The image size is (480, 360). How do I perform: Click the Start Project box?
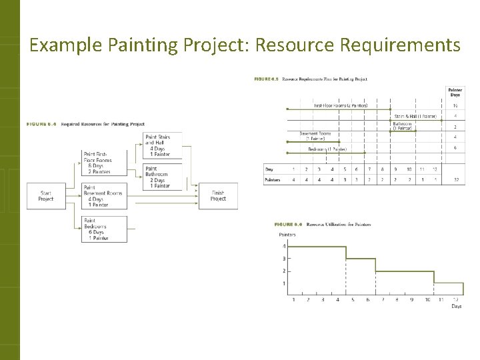[46, 195]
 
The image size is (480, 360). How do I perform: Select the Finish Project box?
[218, 195]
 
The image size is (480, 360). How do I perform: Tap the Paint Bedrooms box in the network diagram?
[104, 229]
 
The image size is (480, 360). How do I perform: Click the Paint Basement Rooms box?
[104, 195]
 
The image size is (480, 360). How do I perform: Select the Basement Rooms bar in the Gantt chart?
[313, 141]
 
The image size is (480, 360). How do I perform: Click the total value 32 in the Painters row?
[455, 179]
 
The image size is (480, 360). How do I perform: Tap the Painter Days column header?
[455, 92]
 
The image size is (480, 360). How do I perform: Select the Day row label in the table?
[269, 169]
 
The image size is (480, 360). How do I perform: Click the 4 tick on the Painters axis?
[283, 247]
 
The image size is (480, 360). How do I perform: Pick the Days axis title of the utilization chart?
[456, 306]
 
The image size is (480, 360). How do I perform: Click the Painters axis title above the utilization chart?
[287, 235]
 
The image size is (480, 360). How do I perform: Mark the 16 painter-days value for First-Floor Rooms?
[455, 105]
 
